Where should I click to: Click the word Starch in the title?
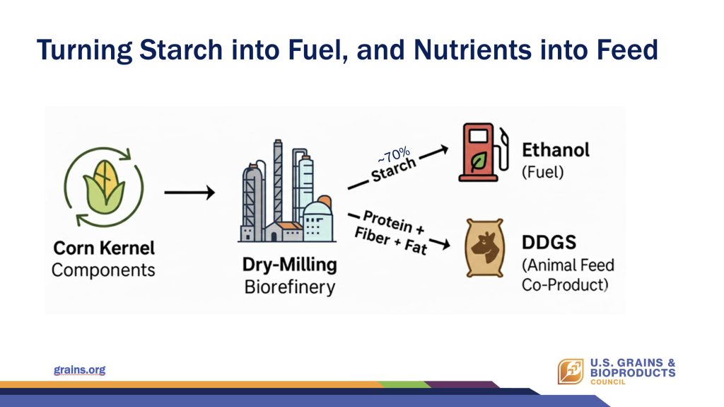tap(181, 50)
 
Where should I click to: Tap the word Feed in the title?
tap(627, 50)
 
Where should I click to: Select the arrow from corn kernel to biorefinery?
tap(189, 193)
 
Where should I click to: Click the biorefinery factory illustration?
tap(287, 191)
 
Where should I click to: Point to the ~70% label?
tap(393, 156)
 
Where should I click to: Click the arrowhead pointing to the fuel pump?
tap(443, 149)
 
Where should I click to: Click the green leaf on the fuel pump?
tap(479, 161)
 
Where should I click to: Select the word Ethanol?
tap(556, 150)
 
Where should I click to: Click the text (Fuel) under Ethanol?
tap(542, 172)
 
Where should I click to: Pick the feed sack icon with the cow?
tap(484, 248)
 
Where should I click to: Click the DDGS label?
tap(549, 242)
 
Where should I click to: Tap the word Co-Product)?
tap(565, 285)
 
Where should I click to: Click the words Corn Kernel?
tap(104, 248)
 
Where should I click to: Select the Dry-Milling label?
tap(289, 265)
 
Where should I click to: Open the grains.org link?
tap(79, 370)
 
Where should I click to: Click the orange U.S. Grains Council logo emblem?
tap(571, 372)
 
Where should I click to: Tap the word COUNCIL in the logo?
tap(607, 382)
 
